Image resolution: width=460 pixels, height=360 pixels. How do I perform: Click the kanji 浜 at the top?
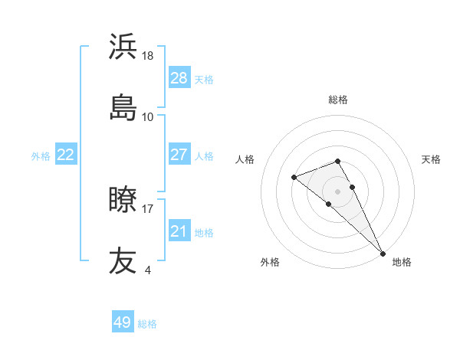[123, 47]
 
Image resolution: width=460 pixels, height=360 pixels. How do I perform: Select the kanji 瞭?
[123, 200]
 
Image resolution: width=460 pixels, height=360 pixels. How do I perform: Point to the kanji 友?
[123, 260]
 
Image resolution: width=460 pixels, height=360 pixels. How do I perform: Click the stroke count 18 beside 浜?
[148, 56]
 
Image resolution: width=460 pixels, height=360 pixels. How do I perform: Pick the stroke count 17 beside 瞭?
[148, 208]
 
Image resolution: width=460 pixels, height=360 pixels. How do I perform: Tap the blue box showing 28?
[179, 78]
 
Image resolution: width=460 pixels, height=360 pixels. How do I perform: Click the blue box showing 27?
[179, 155]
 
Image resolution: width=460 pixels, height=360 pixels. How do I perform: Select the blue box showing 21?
[179, 231]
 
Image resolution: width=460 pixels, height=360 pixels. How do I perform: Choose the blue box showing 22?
[66, 155]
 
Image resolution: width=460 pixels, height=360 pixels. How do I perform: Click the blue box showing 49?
[123, 322]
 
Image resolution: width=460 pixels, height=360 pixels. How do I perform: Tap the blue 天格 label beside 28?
[204, 79]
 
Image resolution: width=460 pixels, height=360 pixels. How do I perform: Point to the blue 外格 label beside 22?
[41, 155]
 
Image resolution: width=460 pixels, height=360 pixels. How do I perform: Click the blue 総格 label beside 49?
[147, 323]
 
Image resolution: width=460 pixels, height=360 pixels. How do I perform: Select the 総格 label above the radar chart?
[338, 100]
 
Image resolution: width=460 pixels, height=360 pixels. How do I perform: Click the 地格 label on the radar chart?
[402, 262]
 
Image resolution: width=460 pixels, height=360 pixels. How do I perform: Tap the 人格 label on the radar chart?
[245, 159]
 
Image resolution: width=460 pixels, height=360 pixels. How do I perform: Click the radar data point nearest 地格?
[383, 253]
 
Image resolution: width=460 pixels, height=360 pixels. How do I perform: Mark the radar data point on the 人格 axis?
[294, 178]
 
